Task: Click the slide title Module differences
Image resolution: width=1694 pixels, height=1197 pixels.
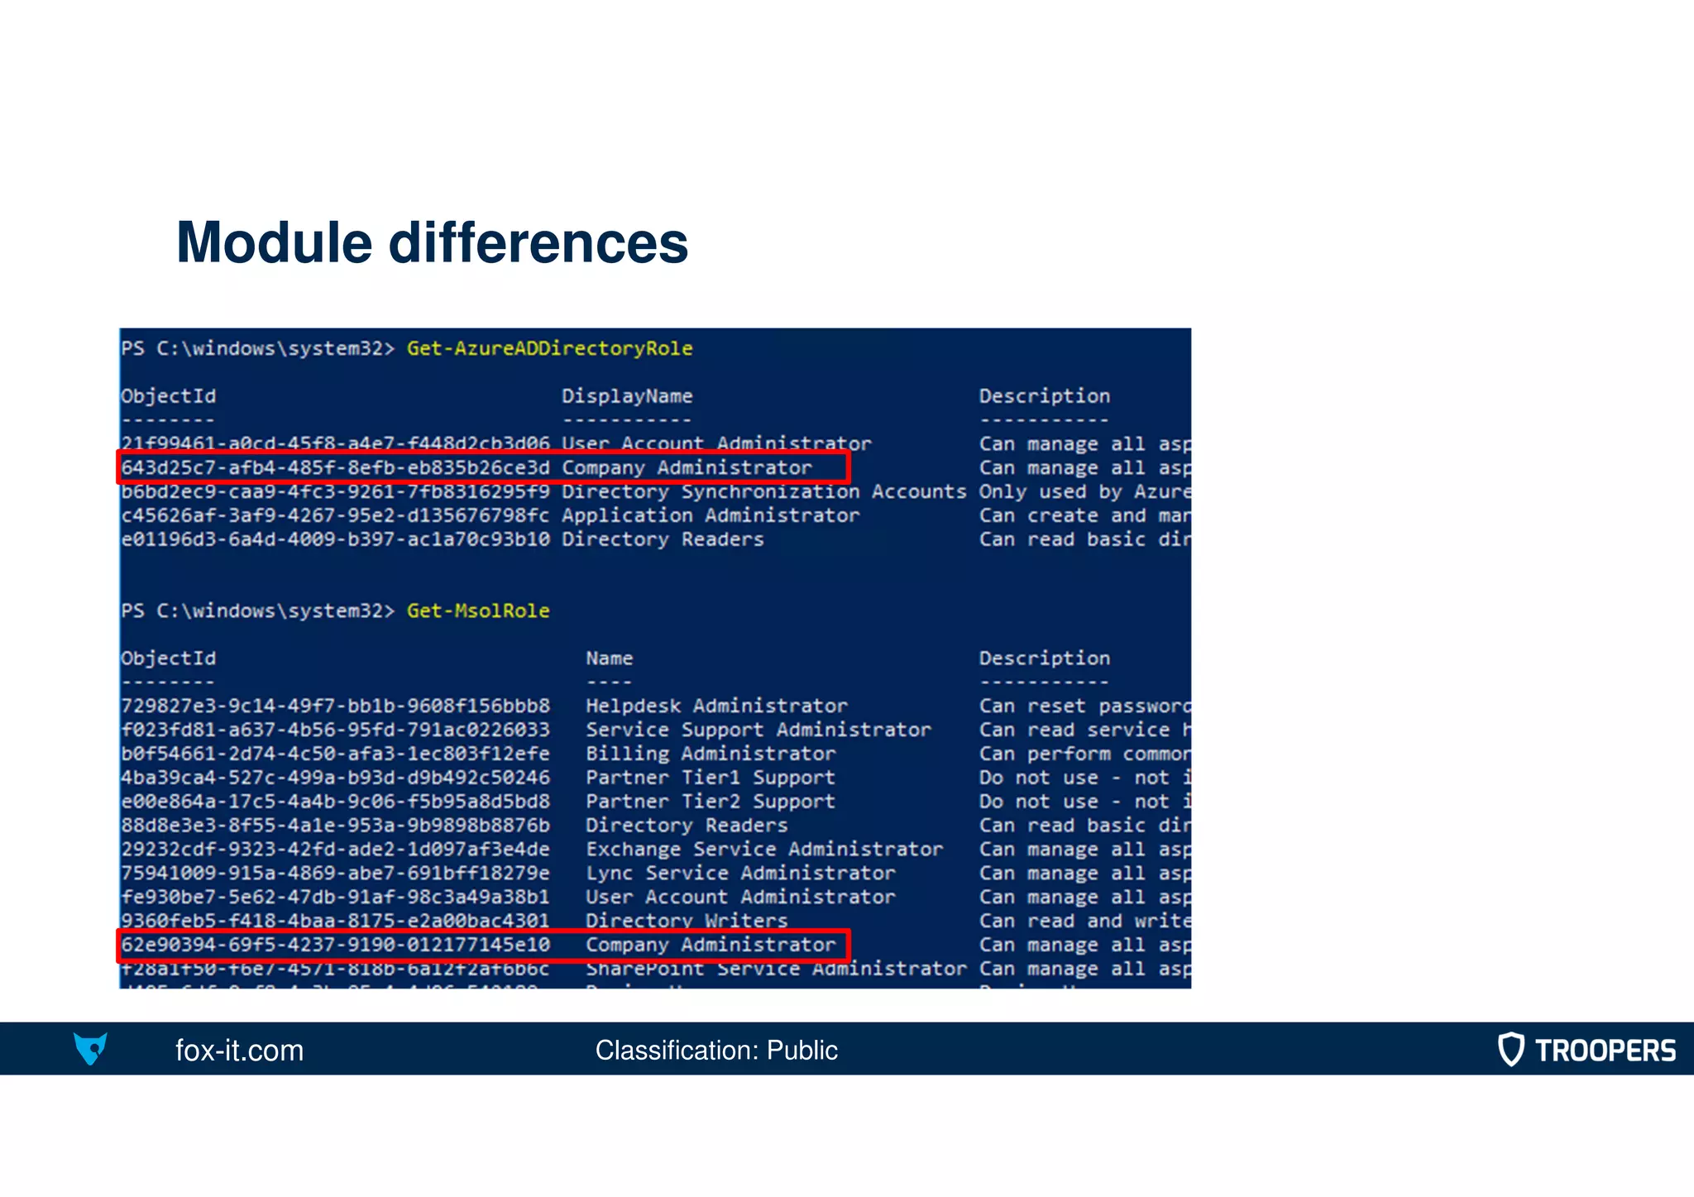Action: tap(432, 243)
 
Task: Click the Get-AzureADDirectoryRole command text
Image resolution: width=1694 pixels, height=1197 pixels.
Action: tap(549, 348)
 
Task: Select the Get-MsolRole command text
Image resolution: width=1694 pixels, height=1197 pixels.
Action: tap(478, 610)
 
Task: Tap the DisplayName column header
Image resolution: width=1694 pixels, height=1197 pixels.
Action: tap(627, 396)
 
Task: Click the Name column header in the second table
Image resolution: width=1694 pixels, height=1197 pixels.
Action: tap(610, 658)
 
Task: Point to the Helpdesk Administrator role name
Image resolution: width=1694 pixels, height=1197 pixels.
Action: tap(716, 706)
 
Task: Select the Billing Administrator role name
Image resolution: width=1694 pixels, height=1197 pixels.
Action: tap(711, 754)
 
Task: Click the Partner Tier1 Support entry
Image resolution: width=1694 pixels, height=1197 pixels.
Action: tap(710, 778)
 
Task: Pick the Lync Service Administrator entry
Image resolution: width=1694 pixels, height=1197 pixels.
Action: tap(740, 874)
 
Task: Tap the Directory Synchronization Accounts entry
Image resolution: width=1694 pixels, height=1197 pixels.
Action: tap(763, 492)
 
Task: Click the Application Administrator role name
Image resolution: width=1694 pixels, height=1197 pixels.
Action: tap(711, 516)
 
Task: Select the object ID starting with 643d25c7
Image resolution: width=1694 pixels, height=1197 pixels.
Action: tap(335, 468)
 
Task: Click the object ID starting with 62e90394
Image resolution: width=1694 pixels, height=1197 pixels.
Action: tap(335, 946)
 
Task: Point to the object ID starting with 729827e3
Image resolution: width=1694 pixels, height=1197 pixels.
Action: tap(335, 706)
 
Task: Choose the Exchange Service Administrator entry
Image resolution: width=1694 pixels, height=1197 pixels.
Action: tap(764, 850)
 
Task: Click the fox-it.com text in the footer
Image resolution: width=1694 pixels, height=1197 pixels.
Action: tap(239, 1051)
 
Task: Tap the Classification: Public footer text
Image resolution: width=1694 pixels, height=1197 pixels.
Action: tap(716, 1051)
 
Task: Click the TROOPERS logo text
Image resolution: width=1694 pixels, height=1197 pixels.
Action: tap(1605, 1051)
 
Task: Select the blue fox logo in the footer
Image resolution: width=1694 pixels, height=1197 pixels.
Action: tap(90, 1049)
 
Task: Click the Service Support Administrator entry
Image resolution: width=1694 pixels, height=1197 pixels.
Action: tap(758, 730)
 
